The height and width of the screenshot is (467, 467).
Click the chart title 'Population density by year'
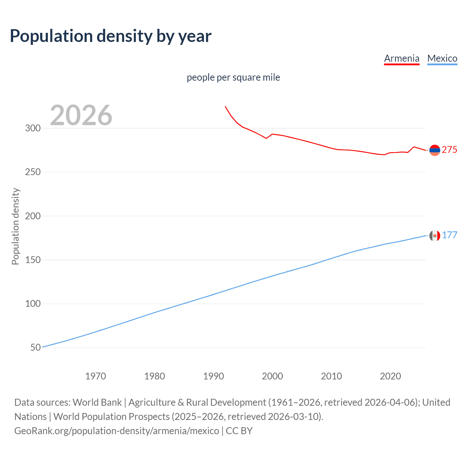(111, 36)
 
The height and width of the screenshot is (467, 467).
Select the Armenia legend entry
(402, 58)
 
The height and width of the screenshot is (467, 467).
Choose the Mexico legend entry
(442, 58)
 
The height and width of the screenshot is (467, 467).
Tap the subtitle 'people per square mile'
(233, 77)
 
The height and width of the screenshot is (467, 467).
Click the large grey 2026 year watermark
(81, 115)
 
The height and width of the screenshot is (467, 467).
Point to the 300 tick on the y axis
(33, 128)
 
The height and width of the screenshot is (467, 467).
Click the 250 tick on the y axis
(33, 172)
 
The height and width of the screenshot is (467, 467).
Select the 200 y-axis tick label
(33, 216)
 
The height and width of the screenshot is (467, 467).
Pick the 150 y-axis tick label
(33, 260)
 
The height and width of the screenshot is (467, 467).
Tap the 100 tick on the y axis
(33, 304)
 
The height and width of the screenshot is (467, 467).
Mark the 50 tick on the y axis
(35, 347)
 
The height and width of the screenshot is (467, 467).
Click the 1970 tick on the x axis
(96, 376)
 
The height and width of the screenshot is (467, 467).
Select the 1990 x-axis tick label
(213, 376)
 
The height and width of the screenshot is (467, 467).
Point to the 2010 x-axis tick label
(331, 376)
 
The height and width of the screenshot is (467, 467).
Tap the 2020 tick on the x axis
(390, 376)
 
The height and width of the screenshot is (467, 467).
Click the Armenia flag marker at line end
(435, 150)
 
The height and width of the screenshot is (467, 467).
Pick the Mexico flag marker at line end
(435, 236)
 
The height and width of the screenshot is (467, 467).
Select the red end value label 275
(449, 150)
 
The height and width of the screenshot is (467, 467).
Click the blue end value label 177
(449, 235)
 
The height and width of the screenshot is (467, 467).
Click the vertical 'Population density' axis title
(15, 226)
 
